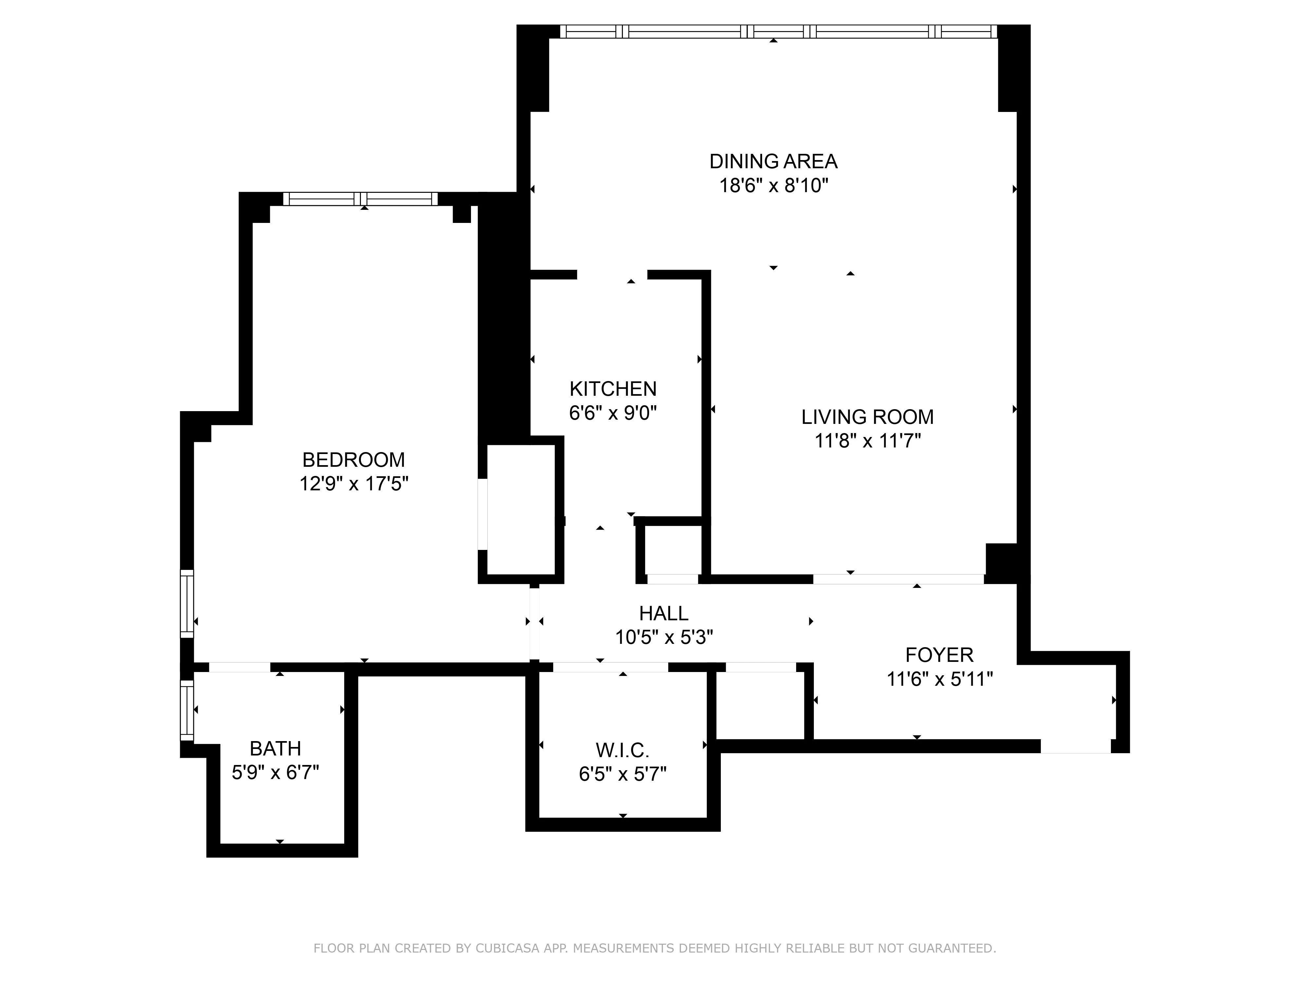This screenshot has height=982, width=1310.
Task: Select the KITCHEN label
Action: pos(613,389)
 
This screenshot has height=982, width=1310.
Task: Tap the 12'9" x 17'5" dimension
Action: pos(354,483)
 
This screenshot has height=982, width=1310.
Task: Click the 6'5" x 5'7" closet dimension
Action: pos(623,774)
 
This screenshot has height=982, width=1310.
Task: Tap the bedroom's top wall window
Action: pos(360,199)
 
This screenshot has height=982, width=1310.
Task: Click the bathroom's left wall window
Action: pos(187,710)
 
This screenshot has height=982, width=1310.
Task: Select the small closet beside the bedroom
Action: pos(521,509)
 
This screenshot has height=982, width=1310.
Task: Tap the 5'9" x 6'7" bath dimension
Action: pos(275,773)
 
